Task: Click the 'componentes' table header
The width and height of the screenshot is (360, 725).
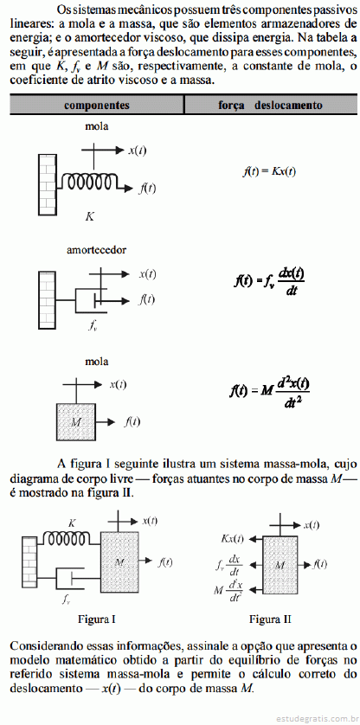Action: coord(97,105)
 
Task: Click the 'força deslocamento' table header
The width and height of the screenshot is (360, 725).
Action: coord(270,105)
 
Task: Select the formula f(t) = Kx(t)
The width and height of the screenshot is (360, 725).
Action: coord(269,171)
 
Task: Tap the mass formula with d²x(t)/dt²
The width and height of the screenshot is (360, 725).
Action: coord(269,391)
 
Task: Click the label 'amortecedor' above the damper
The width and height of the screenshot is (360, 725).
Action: coord(97,250)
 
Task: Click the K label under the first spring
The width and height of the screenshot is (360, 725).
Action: coord(90,216)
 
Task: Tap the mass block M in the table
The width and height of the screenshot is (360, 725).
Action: coord(75,421)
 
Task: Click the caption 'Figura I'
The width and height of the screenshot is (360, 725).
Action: coord(97,619)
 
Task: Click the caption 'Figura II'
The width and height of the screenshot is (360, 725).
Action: coord(270,619)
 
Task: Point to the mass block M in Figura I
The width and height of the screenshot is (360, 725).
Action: coord(119,562)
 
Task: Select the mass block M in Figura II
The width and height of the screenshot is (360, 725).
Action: coord(280,565)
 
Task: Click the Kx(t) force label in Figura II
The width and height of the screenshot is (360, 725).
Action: coord(232,539)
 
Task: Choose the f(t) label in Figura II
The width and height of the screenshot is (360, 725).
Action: coord(319,564)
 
